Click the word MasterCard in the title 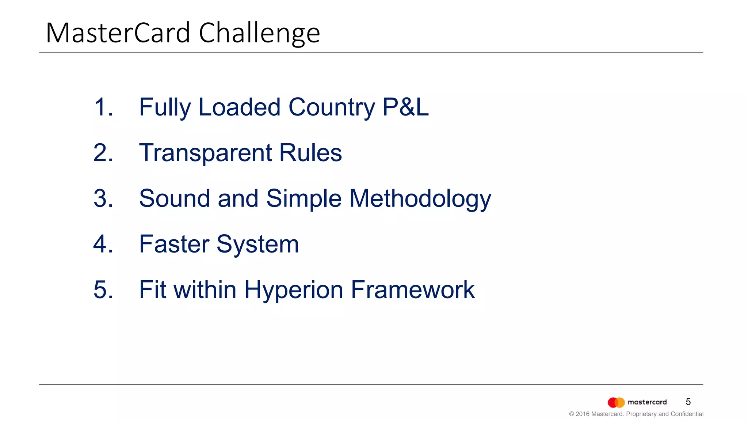[118, 33]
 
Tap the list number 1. [103, 107]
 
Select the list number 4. [103, 244]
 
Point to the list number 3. [103, 198]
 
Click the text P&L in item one [405, 107]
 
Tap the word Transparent [205, 153]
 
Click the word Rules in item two [310, 152]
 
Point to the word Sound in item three [175, 198]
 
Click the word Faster [174, 244]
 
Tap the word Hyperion [294, 290]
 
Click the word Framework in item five [413, 289]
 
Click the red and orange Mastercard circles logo [616, 402]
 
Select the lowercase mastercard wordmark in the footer [647, 402]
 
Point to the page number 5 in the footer [688, 402]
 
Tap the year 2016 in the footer [583, 414]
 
